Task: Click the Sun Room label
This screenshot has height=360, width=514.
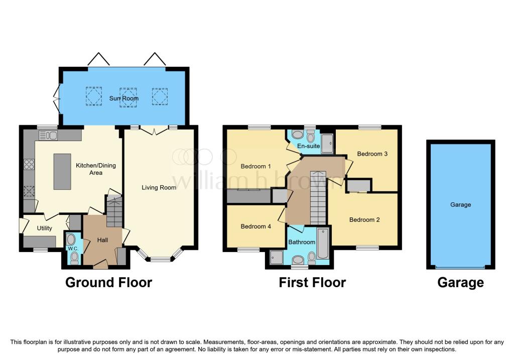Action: (124, 98)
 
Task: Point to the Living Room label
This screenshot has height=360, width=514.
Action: (159, 188)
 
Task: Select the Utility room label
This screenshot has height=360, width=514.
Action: (44, 228)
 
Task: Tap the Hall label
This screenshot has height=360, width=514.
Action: (102, 241)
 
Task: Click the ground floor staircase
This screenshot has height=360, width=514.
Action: (114, 211)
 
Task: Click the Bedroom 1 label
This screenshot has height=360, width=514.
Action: (256, 166)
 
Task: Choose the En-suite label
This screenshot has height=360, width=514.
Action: (309, 146)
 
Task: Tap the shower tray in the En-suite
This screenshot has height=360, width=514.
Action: (328, 143)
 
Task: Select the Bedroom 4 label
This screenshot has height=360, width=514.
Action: (256, 226)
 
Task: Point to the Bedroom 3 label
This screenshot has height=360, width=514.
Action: (372, 154)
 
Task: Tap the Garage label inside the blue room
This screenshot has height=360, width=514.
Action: (460, 205)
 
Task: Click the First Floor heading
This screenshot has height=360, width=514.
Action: (312, 283)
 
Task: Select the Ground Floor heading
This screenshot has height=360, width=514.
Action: (108, 283)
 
